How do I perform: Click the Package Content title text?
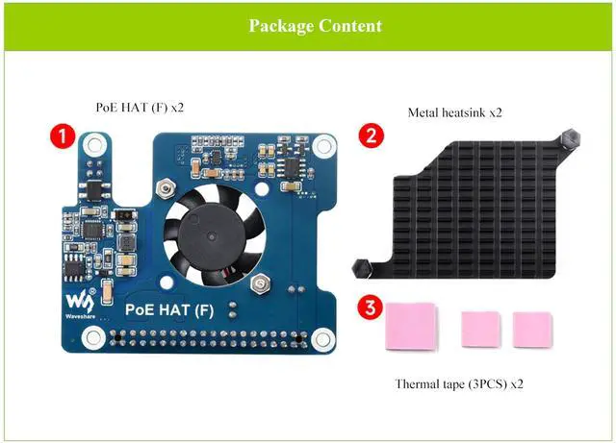point(315,26)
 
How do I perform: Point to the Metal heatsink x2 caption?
point(455,112)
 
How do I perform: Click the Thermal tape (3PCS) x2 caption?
point(459,384)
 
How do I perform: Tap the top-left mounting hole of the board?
point(93,145)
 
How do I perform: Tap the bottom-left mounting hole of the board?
point(93,335)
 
